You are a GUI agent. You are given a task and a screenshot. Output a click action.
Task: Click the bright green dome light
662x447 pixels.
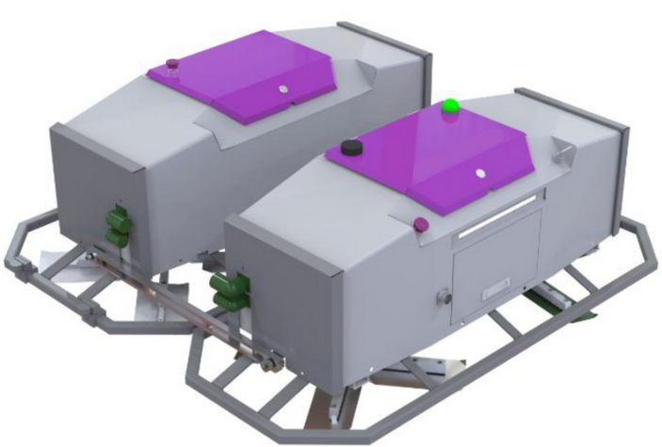point(451,105)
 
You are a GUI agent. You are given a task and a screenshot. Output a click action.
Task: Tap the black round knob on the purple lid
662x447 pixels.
point(351,148)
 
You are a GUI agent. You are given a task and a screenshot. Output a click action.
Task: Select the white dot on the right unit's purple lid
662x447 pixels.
point(479,173)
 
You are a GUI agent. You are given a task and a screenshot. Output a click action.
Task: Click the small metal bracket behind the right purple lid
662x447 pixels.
point(566,151)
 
